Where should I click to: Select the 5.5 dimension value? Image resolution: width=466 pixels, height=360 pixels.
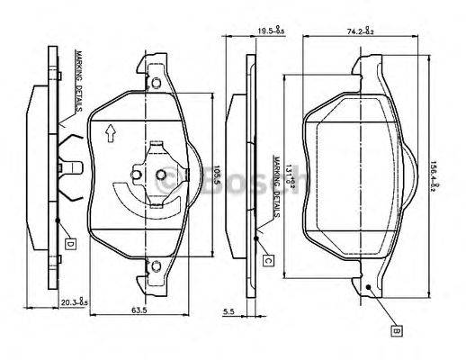pyautogui.click(x=230, y=312)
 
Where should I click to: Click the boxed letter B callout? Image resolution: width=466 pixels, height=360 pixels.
pyautogui.click(x=395, y=331)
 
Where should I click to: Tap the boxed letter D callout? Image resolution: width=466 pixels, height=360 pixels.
pyautogui.click(x=69, y=243)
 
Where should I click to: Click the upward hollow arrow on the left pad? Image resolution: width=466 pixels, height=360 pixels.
pyautogui.click(x=110, y=133)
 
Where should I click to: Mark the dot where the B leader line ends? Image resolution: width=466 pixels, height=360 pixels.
pyautogui.click(x=369, y=287)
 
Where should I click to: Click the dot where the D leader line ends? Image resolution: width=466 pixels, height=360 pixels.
pyautogui.click(x=57, y=219)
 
